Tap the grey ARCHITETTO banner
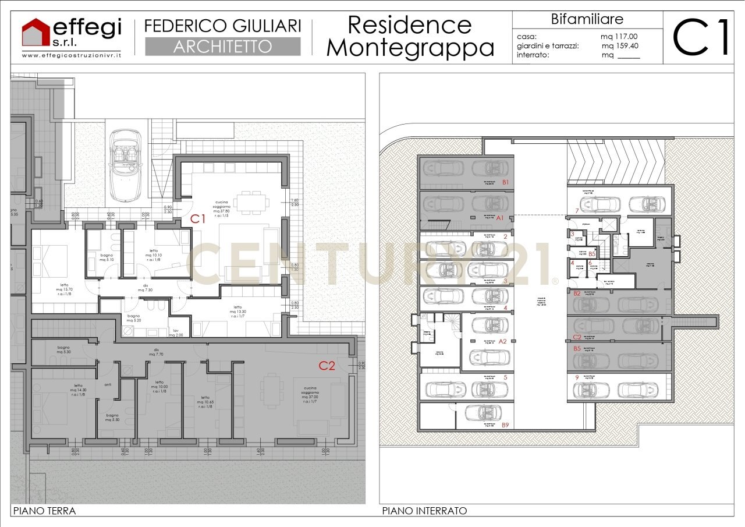pyautogui.click(x=222, y=47)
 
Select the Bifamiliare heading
pyautogui.click(x=587, y=19)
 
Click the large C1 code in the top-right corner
pyautogui.click(x=702, y=37)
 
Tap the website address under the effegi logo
pyautogui.click(x=71, y=55)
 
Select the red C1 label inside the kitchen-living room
pyautogui.click(x=198, y=219)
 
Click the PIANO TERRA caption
pyautogui.click(x=44, y=511)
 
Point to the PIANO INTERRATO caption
pyautogui.click(x=424, y=511)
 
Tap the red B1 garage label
pyautogui.click(x=505, y=182)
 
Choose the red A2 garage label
pyautogui.click(x=502, y=342)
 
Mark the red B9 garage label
pyautogui.click(x=505, y=425)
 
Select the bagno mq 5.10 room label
pyautogui.click(x=107, y=257)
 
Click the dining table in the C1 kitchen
pyautogui.click(x=251, y=201)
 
